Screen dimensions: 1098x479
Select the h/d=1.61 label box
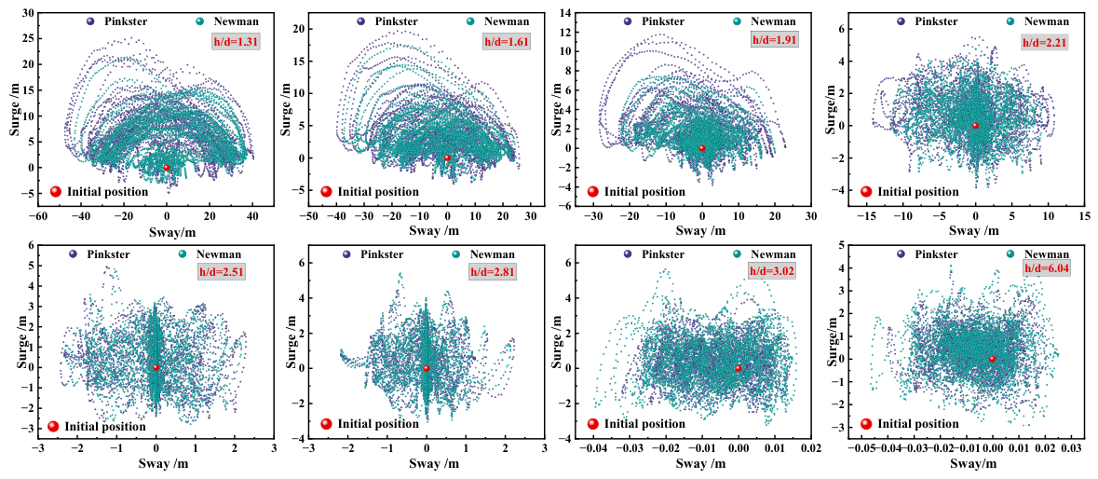[x=506, y=42]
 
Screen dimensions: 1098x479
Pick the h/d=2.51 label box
[x=236, y=272]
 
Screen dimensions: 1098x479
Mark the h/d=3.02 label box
[x=771, y=271]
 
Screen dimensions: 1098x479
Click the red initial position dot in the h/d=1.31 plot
[x=167, y=168]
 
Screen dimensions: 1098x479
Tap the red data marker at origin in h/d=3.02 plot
[x=739, y=368]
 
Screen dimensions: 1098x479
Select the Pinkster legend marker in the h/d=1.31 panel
[x=90, y=21]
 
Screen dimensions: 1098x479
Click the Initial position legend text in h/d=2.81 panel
[x=378, y=424]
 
